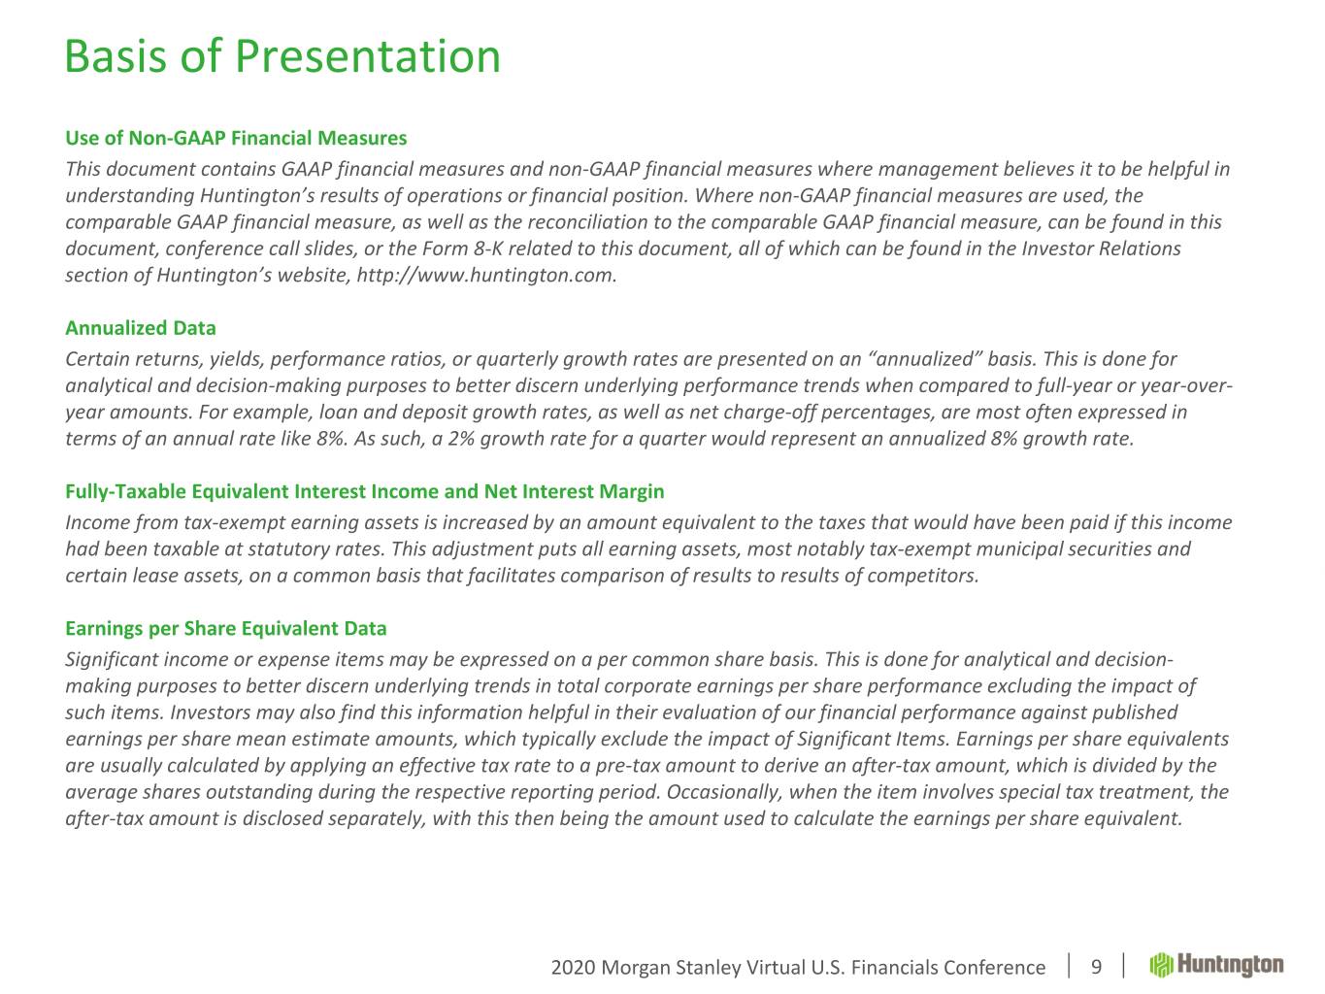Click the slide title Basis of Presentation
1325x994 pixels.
[282, 56]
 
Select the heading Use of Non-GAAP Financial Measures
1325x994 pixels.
[236, 138]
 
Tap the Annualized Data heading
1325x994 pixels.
[141, 328]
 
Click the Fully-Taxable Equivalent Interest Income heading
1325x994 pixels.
[365, 491]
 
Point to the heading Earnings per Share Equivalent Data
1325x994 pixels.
[226, 628]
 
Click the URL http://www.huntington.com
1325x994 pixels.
[486, 276]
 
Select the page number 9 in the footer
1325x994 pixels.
[1096, 967]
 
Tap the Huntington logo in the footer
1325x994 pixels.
[1216, 965]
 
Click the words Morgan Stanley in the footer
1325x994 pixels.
[672, 968]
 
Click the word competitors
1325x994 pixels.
[923, 576]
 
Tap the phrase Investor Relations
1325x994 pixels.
[1101, 248]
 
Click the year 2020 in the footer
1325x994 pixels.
[573, 968]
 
